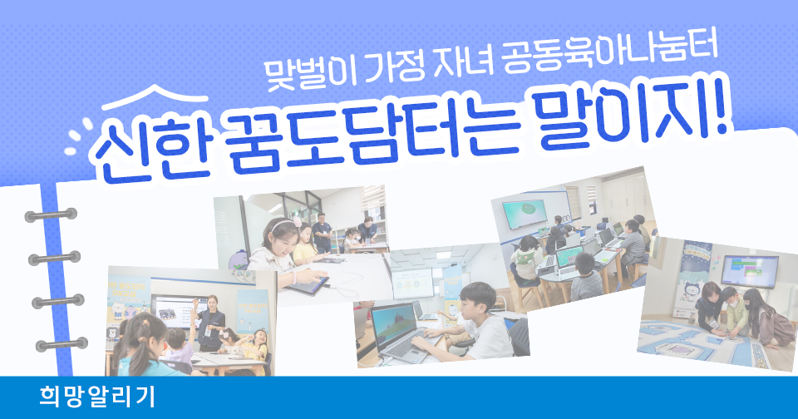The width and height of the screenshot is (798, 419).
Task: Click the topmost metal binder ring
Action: coord(51,214)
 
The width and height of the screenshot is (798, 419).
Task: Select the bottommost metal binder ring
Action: coord(62,345)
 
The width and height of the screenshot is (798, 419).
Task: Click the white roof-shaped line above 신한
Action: coord(155,97)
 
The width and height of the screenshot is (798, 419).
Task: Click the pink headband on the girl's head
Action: coord(282,224)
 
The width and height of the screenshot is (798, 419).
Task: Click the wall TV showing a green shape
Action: coord(525,214)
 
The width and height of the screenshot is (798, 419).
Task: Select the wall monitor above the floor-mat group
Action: coord(749,270)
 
